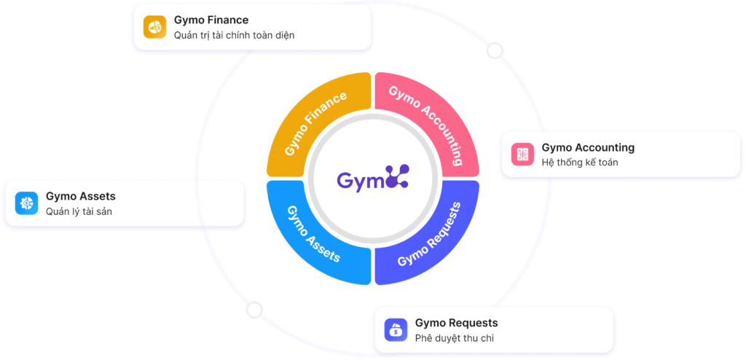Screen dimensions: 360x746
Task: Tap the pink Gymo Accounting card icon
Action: [522, 154]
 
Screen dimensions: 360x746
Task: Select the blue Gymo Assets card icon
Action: [26, 203]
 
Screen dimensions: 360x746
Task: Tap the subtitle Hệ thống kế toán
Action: [580, 162]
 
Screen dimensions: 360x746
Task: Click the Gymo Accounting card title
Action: [588, 147]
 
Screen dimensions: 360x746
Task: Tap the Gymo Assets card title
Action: [80, 197]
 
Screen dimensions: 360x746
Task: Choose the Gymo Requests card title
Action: [456, 323]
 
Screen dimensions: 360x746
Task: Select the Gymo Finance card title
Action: [211, 20]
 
